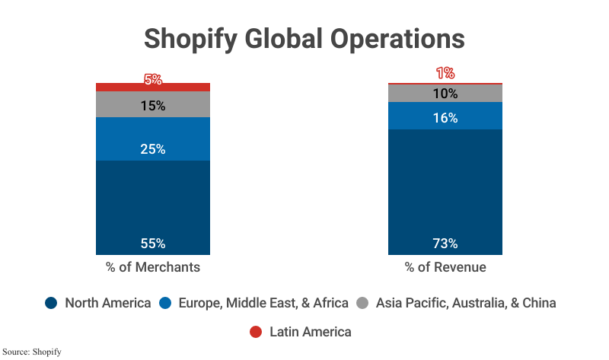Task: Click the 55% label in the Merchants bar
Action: [153, 244]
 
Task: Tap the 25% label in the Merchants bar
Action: [153, 149]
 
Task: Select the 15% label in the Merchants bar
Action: [153, 106]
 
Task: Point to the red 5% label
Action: [153, 78]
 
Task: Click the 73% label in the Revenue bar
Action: [445, 244]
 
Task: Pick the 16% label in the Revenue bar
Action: [445, 118]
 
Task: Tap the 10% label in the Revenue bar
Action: [445, 94]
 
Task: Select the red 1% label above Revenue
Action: [445, 73]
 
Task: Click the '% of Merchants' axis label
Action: [153, 267]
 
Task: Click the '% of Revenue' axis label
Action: [445, 267]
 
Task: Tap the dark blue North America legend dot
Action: [52, 303]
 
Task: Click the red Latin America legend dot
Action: [256, 332]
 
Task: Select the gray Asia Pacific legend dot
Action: [363, 303]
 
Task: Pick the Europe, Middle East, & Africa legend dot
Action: [164, 303]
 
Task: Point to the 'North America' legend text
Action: [107, 303]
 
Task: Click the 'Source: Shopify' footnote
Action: [31, 352]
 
